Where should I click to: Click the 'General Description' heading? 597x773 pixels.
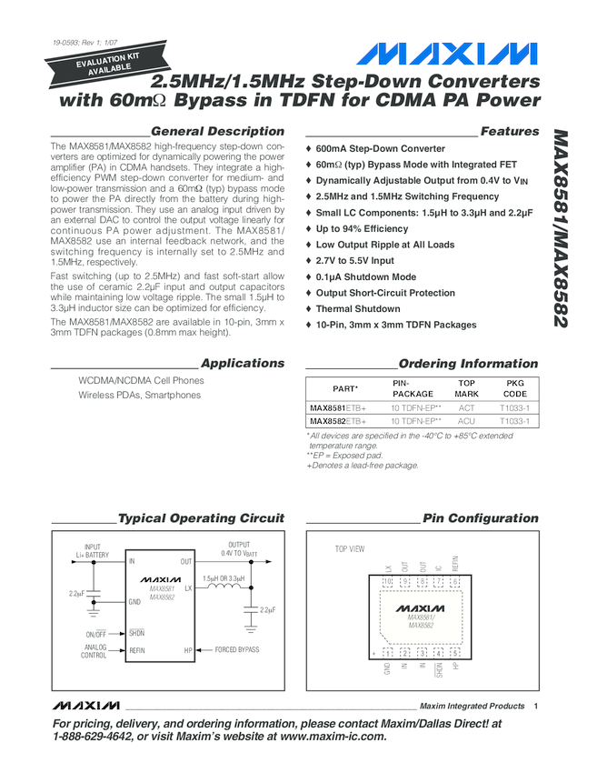click(217, 132)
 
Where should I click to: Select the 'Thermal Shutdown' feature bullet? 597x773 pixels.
click(357, 309)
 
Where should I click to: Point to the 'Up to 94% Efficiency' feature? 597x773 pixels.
click(362, 229)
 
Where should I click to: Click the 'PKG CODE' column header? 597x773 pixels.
click(514, 388)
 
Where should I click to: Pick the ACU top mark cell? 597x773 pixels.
click(466, 422)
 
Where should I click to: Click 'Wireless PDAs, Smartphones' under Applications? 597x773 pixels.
click(139, 396)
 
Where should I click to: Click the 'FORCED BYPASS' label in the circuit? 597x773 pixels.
click(236, 650)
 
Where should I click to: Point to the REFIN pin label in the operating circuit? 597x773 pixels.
click(137, 650)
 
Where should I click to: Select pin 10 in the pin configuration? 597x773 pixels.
click(387, 582)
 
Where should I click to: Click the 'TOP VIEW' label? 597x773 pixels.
click(350, 549)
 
